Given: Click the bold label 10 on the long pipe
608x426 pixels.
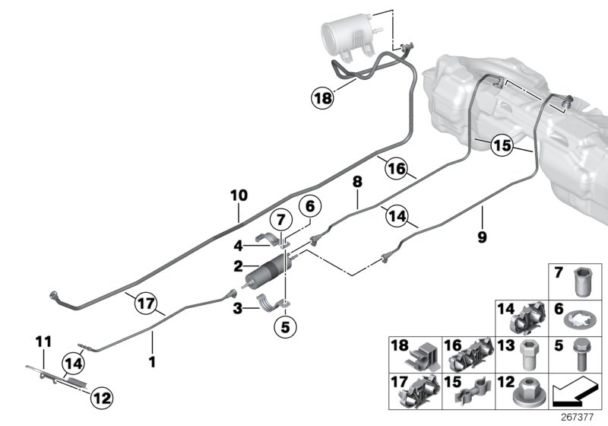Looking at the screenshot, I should (x=239, y=196).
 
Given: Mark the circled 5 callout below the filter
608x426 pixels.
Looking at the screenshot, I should (x=286, y=329).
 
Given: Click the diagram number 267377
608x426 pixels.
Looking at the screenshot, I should (x=580, y=417).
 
